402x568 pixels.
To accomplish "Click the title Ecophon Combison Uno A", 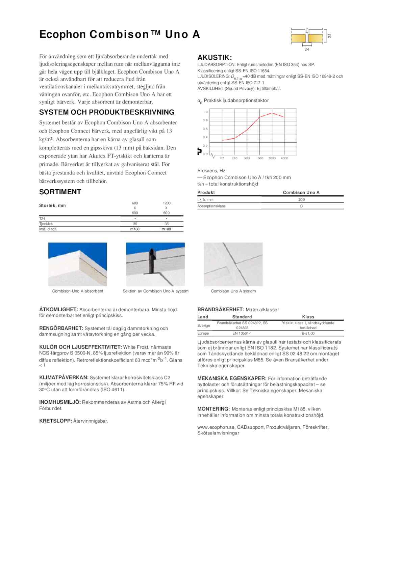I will (120, 34).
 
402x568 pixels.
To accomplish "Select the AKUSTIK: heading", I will (215, 57).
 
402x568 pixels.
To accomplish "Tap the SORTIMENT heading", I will (60, 192).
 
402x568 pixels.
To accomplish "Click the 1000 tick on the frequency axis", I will (259, 158).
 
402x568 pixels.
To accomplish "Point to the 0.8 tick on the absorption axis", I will (205, 120).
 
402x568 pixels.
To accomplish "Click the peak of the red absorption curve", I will (272, 113).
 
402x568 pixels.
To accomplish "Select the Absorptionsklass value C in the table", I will (301, 206).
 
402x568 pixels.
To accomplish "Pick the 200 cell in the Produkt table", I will (301, 200).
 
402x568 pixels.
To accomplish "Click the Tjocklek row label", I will (46, 224).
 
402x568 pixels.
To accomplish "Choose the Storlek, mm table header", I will (52, 205).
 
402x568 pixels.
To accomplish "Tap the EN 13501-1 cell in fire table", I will (242, 333).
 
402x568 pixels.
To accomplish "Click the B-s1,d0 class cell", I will (308, 333).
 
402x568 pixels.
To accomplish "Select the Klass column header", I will (308, 317).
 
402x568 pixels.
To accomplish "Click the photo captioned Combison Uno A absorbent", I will (77, 264).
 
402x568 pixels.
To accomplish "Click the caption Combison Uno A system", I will (233, 291).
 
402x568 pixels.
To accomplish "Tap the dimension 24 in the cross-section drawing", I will (307, 50).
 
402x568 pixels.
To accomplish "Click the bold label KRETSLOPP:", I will (55, 421).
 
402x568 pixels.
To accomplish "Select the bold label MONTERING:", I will (213, 409).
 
